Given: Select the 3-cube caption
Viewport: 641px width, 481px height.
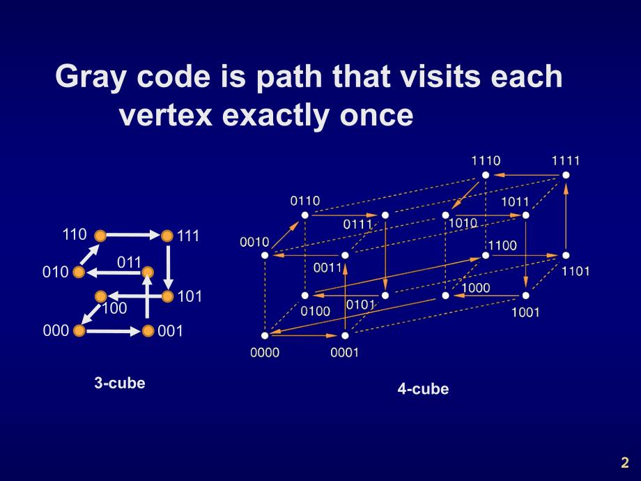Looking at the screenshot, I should pos(120,383).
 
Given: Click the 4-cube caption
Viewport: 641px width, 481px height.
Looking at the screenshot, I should pos(423,389).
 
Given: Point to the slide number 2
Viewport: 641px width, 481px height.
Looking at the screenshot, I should pos(624,462).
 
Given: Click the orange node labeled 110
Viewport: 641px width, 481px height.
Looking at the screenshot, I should pos(100,236).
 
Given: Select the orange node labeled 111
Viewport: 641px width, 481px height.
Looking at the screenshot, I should pos(167,236).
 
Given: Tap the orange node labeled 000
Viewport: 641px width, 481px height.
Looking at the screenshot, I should pos(79,330).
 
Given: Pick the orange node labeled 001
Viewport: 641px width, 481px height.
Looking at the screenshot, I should pos(148,330).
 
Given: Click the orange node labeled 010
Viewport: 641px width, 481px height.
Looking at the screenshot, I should pos(79,271).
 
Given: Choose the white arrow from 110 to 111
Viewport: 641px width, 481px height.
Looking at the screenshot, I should pos(133,236).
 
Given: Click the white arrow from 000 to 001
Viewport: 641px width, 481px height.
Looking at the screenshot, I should pos(113,330).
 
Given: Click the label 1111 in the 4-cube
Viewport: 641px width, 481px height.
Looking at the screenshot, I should pos(566,160).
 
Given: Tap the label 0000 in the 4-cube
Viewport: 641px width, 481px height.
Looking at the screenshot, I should pos(265,353).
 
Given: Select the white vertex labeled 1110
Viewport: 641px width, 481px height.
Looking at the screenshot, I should pos(486,175).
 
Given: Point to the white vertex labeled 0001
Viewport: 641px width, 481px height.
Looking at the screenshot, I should pos(345,336).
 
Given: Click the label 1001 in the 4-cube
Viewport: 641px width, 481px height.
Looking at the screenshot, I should pos(525,312).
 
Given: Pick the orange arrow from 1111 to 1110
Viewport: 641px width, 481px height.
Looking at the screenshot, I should pos(526,175).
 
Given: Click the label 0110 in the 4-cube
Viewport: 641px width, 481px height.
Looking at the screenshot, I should pos(304,201).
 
